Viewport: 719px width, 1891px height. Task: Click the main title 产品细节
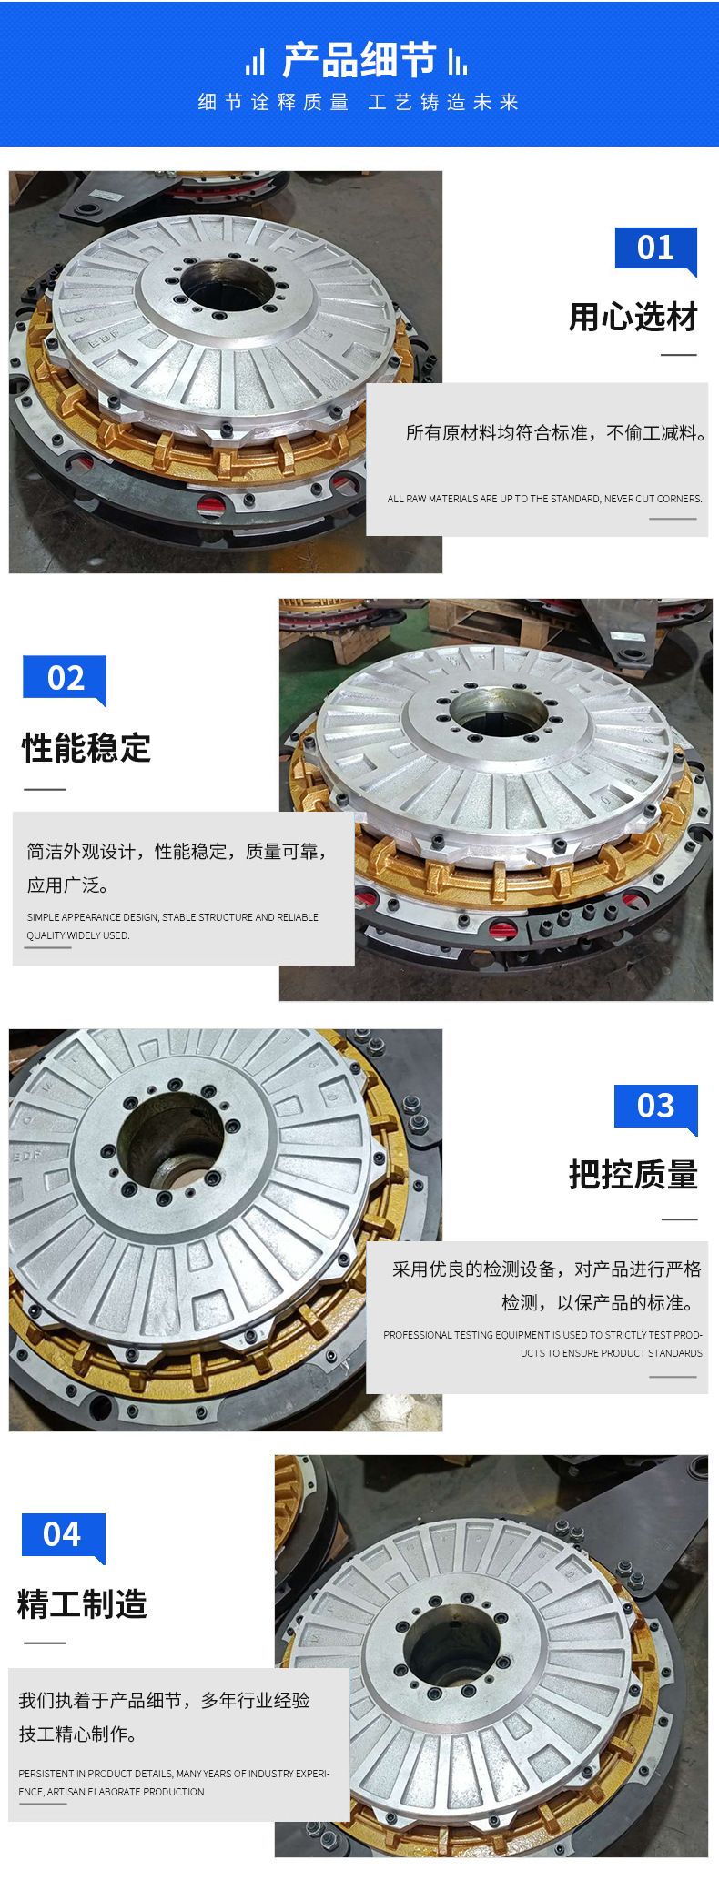[x=359, y=60]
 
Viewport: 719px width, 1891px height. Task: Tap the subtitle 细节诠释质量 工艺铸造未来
[x=359, y=102]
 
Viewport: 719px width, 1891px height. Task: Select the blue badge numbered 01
[x=655, y=248]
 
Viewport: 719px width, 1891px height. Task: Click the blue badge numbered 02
[x=65, y=679]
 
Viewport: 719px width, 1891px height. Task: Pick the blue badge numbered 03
[x=655, y=1107]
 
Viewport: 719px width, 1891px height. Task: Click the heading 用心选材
[x=633, y=318]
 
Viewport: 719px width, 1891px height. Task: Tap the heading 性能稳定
[x=86, y=748]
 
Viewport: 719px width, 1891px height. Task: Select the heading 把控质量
[x=633, y=1175]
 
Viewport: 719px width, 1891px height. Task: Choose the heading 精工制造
[x=82, y=1603]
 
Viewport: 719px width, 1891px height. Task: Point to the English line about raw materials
[x=544, y=499]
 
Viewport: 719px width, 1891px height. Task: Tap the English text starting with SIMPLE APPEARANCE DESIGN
[x=173, y=926]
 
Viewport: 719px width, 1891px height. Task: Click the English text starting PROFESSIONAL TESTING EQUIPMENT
[x=543, y=1344]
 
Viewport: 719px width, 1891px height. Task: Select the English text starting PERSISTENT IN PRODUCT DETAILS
[x=174, y=1782]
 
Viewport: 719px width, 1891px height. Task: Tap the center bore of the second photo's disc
[x=497, y=713]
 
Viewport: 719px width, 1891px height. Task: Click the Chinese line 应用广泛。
[x=67, y=885]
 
